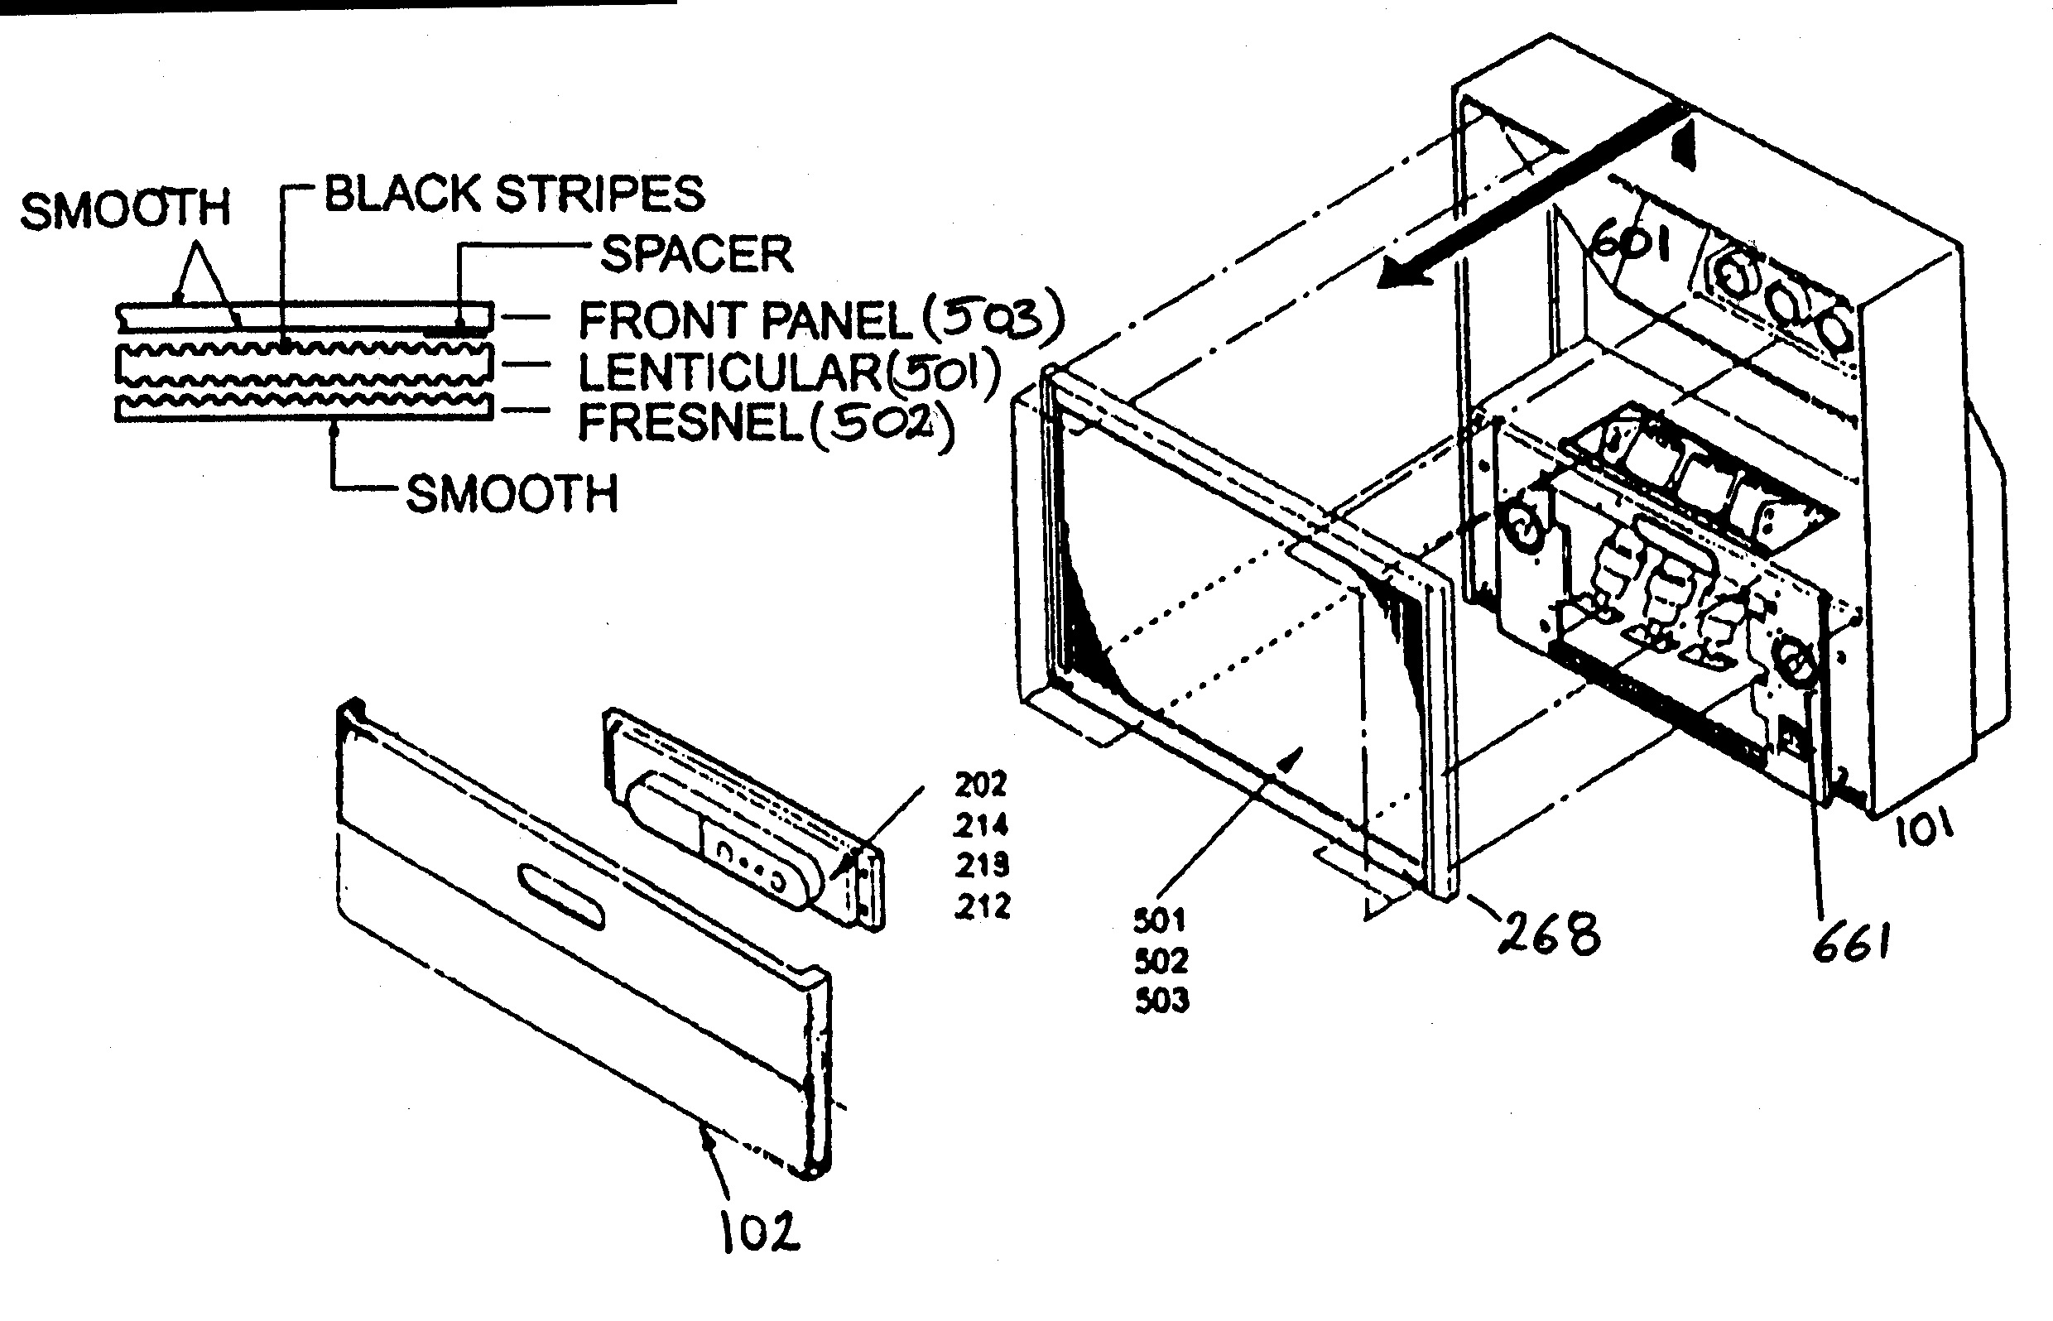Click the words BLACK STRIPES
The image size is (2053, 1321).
(x=514, y=194)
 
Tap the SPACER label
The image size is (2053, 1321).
(x=695, y=255)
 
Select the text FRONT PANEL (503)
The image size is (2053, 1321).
(x=820, y=320)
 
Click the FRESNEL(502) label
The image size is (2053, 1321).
(x=764, y=422)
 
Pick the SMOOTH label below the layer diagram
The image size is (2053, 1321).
(x=512, y=495)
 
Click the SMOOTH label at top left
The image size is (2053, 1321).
(x=125, y=210)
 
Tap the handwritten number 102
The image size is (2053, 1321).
(x=758, y=1232)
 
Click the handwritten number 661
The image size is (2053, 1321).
(x=1850, y=944)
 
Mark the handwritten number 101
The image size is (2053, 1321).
(x=1922, y=829)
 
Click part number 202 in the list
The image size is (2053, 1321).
(x=981, y=784)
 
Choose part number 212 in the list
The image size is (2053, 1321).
(x=983, y=906)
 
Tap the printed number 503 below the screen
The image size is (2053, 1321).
(x=1161, y=1000)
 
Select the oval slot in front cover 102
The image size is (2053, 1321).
(x=561, y=896)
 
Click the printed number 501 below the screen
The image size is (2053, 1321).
(x=1159, y=921)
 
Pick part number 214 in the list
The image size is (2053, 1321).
(x=981, y=825)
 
